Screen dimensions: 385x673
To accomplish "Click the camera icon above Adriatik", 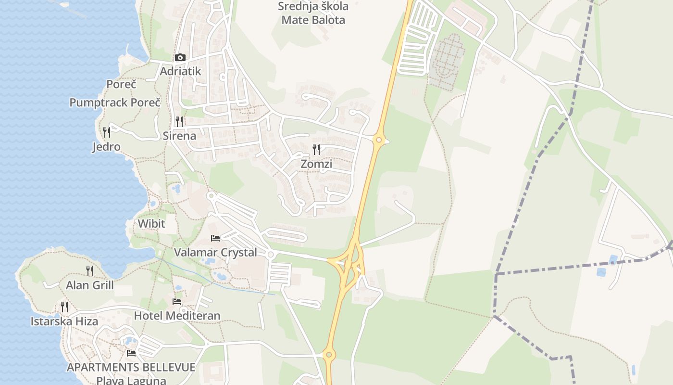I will [180, 58].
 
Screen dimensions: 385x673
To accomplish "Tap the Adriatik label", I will [180, 71].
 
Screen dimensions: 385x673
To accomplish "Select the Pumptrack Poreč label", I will [115, 103].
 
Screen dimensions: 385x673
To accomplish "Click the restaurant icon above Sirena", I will [179, 121].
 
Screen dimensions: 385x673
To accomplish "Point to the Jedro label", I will [106, 147].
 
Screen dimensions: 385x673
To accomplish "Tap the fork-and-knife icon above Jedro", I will [107, 132].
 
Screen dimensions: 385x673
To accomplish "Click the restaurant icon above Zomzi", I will [316, 150].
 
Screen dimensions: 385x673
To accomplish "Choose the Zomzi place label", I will [316, 164].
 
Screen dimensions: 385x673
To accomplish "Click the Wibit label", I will [151, 224].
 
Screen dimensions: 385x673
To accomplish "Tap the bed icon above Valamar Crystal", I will [215, 238].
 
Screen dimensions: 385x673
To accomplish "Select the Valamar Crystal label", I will [215, 253].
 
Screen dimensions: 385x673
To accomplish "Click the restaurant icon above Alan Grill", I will [90, 271].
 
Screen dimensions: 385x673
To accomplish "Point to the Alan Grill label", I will [90, 285].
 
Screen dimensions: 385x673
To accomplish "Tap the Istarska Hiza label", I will [64, 321].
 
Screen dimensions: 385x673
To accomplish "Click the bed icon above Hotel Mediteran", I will [177, 302].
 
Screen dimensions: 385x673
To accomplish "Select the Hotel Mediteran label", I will [177, 316].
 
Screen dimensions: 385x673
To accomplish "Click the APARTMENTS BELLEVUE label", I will [131, 368].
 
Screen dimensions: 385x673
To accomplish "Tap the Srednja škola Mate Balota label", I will [313, 13].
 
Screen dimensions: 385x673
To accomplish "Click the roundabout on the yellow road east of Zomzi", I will [379, 140].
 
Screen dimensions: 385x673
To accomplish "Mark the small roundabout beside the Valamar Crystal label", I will [271, 254].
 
